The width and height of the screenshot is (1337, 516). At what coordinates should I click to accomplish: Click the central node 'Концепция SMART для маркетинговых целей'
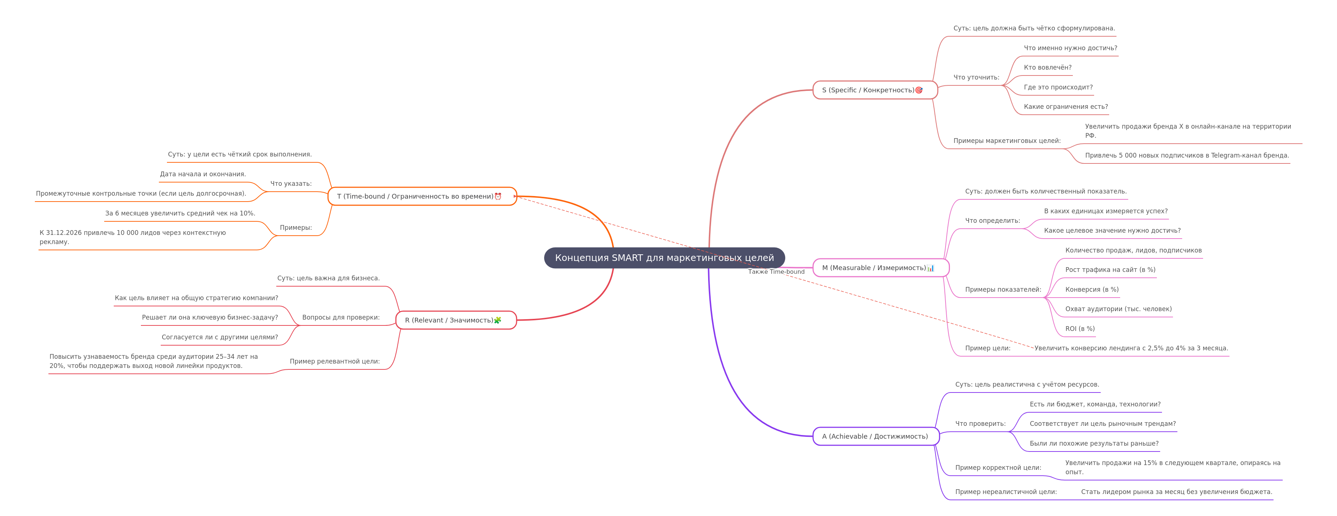tap(664, 258)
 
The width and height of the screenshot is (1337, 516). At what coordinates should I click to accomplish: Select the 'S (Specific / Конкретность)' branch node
tap(875, 90)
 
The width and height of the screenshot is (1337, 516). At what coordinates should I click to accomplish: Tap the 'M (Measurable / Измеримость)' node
tap(881, 268)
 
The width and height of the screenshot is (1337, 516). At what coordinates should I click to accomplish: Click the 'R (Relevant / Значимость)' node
tap(456, 320)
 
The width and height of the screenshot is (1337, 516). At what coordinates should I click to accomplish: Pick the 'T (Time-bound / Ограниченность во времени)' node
tap(422, 196)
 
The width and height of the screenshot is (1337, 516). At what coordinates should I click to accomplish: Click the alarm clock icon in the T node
tap(498, 196)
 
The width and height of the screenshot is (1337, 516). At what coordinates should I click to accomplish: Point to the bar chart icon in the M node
tap(930, 268)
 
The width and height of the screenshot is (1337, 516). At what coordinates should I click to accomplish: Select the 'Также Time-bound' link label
tap(776, 272)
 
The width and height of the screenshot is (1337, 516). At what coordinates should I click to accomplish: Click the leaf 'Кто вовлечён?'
tap(1048, 67)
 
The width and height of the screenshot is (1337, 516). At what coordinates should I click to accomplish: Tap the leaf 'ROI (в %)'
tap(1080, 329)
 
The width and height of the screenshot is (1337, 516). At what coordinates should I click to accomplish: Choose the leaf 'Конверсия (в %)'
tap(1092, 290)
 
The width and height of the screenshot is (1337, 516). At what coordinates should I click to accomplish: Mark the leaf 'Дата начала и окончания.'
tap(203, 174)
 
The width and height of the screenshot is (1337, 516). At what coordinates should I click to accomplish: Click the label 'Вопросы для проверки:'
tap(341, 317)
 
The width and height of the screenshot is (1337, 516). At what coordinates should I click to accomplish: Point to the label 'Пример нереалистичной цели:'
tap(1006, 491)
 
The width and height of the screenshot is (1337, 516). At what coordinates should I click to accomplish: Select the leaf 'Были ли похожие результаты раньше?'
tap(1094, 443)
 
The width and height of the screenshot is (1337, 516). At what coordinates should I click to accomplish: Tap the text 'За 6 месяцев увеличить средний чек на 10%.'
tap(180, 213)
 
